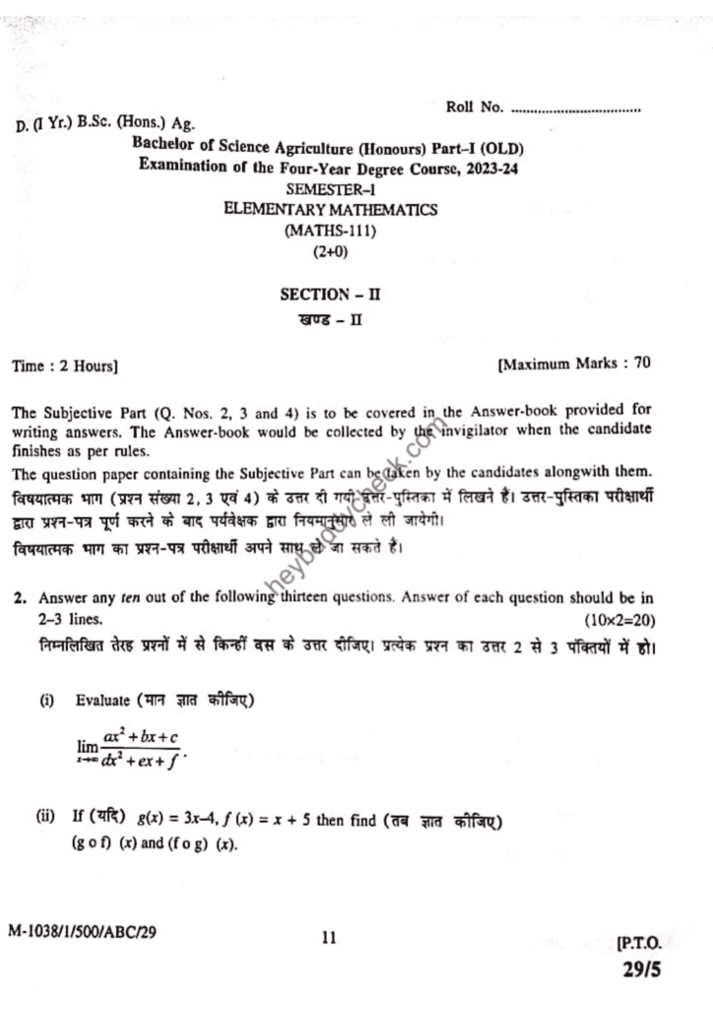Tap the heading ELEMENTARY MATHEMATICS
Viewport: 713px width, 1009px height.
pos(331,210)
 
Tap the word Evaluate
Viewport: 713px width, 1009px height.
pos(102,701)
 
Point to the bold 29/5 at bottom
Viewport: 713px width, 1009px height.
pos(641,970)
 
